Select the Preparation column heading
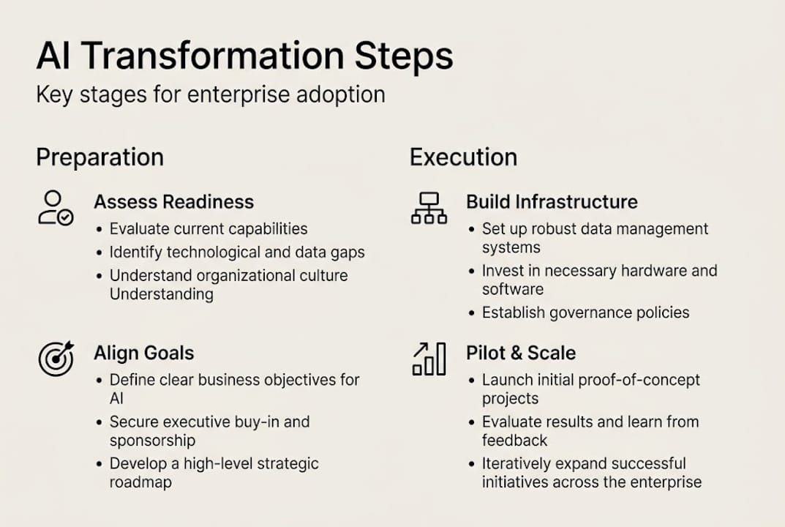point(100,157)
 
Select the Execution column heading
point(464,157)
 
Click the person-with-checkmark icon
point(55,207)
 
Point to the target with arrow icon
point(56,358)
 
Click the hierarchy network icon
point(429,208)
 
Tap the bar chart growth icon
point(429,359)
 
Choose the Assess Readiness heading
point(173,202)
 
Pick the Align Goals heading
point(143,354)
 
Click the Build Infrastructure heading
point(552,202)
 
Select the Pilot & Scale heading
point(521,354)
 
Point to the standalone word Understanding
point(161,294)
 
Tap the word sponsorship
point(152,441)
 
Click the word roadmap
point(140,482)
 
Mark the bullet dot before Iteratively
point(472,464)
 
